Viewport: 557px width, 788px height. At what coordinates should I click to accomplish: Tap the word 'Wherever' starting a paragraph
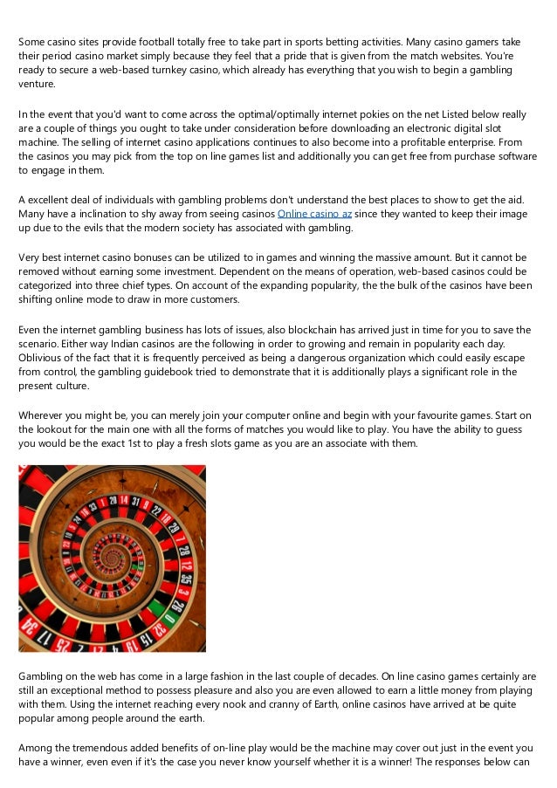tap(43, 415)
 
